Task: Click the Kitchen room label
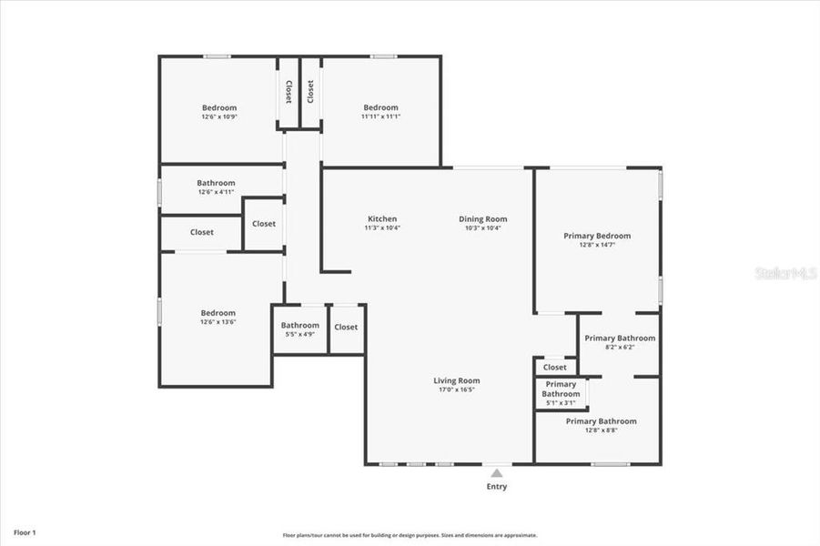coord(382,219)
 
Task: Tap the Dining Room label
coord(482,219)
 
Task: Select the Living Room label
coord(456,381)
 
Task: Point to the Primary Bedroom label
coord(596,236)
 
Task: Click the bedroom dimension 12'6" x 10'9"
coord(218,116)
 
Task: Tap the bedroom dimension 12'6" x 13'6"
coord(218,322)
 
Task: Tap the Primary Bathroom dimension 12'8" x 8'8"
coord(601,430)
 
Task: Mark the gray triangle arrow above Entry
coord(496,473)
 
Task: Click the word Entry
coord(496,487)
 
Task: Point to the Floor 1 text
coord(25,531)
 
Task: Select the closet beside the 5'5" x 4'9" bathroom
coord(346,327)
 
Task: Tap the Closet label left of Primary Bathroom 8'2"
coord(554,368)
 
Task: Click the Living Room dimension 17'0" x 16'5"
coord(456,389)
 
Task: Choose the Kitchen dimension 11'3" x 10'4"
coord(382,227)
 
